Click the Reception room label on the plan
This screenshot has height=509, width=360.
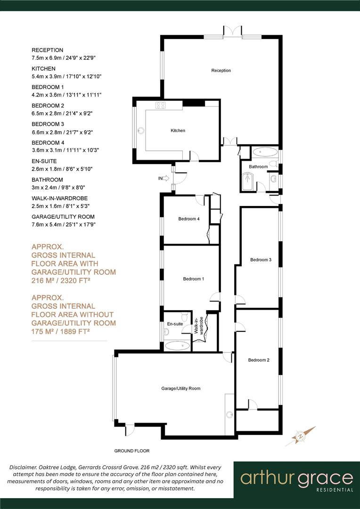221,71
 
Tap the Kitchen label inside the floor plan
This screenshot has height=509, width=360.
178,131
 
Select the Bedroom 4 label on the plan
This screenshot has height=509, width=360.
189,219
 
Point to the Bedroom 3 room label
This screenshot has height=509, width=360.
261,260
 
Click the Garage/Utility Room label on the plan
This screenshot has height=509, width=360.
181,388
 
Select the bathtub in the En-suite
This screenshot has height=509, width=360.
178,346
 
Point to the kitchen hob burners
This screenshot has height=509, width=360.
161,106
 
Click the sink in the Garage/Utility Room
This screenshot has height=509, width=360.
229,415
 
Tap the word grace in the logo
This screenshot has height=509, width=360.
326,478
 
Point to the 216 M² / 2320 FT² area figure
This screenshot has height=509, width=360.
61,281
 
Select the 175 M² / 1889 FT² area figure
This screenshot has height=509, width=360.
61,332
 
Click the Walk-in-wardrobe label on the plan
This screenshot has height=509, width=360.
201,325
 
